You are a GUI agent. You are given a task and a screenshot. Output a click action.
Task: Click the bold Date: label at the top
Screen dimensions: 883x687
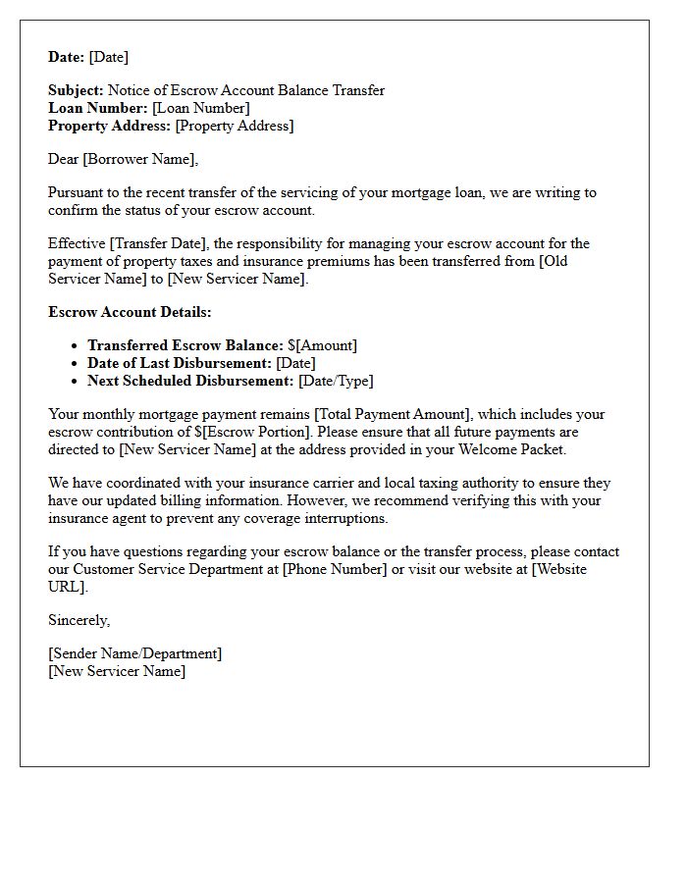click(x=67, y=57)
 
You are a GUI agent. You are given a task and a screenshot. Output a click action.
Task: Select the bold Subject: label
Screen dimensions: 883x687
click(x=76, y=90)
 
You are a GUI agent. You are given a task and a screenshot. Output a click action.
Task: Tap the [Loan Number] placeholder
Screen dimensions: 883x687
click(x=201, y=108)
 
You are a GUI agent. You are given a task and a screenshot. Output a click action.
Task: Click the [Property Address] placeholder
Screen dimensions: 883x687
click(x=234, y=126)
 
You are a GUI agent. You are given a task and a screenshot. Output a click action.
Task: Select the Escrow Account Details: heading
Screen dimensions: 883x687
click(x=130, y=312)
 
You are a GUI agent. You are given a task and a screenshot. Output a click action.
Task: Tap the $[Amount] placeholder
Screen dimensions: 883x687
click(x=322, y=345)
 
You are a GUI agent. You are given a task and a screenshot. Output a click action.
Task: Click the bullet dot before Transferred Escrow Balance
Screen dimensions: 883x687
click(x=75, y=345)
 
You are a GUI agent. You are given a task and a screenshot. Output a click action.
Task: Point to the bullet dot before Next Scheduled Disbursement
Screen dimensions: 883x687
click(x=75, y=381)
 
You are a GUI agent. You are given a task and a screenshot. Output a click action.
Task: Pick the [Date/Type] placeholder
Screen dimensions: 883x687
click(x=336, y=381)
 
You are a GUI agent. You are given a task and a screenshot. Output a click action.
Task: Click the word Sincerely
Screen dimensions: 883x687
click(x=79, y=620)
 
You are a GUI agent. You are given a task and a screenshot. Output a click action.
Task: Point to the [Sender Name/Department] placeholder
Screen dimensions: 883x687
click(x=134, y=653)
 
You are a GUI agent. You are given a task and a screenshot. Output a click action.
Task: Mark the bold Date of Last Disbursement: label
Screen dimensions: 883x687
click(x=180, y=363)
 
